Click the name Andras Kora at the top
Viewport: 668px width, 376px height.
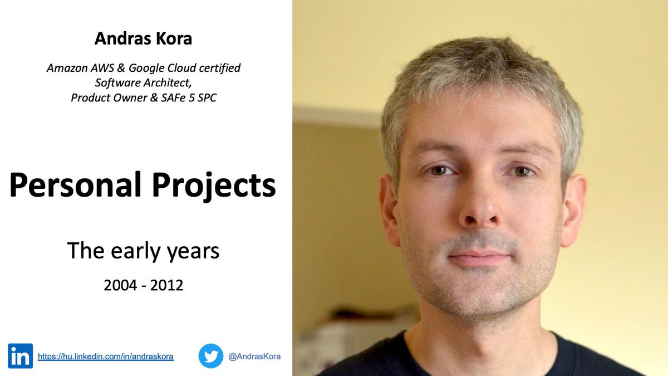143,38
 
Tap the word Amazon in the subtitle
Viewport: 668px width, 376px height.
66,69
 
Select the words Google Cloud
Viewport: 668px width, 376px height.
170,69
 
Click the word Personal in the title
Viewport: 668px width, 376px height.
74,185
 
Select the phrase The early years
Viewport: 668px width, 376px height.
143,251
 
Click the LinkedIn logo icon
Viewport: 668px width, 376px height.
20,356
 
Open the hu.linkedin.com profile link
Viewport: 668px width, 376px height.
105,357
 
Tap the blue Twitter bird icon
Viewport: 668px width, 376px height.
211,356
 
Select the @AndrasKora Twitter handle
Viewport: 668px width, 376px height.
254,357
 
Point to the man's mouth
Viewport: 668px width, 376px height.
479,257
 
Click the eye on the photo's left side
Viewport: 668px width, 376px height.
440,170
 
